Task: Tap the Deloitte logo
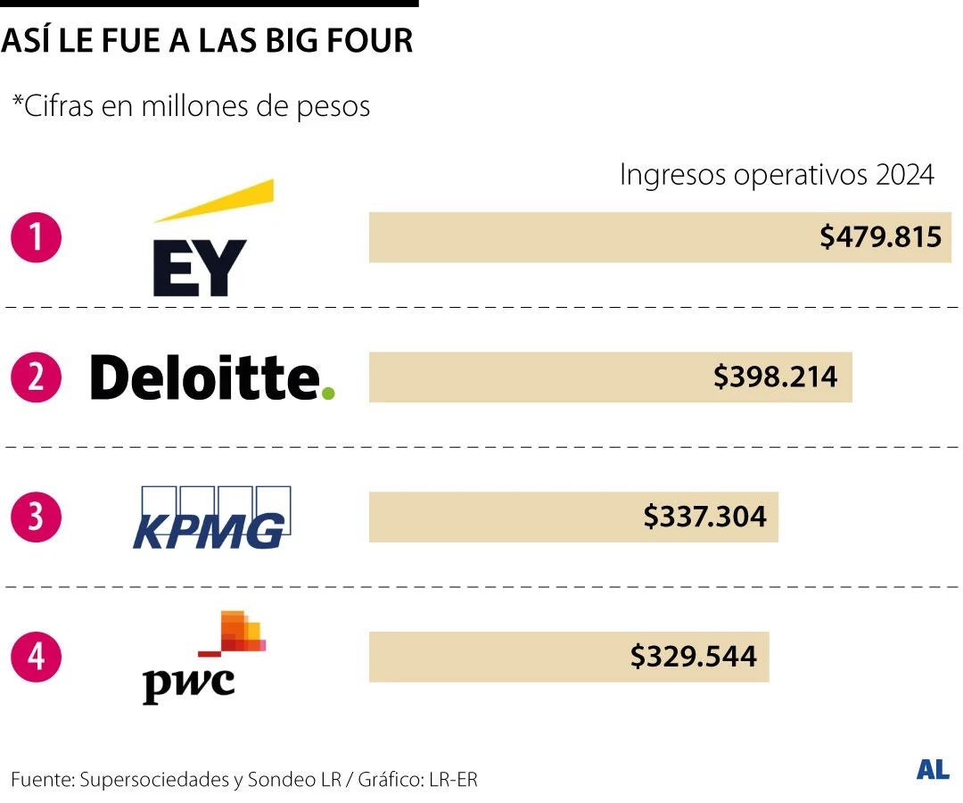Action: pyautogui.click(x=212, y=377)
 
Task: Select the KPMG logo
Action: pyautogui.click(x=210, y=518)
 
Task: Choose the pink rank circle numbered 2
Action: pyautogui.click(x=36, y=377)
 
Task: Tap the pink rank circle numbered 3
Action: pyautogui.click(x=36, y=517)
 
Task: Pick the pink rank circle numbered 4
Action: pyautogui.click(x=36, y=658)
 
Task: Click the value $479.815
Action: pyautogui.click(x=881, y=237)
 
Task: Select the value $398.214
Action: pyautogui.click(x=775, y=377)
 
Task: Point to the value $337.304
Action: pyautogui.click(x=704, y=517)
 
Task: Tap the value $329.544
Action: pyautogui.click(x=693, y=657)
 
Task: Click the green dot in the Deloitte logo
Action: pyautogui.click(x=328, y=393)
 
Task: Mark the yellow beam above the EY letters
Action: pyautogui.click(x=214, y=202)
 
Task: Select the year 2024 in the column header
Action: pyautogui.click(x=904, y=175)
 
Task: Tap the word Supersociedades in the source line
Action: pyautogui.click(x=154, y=779)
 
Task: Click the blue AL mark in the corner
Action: pyautogui.click(x=933, y=770)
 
